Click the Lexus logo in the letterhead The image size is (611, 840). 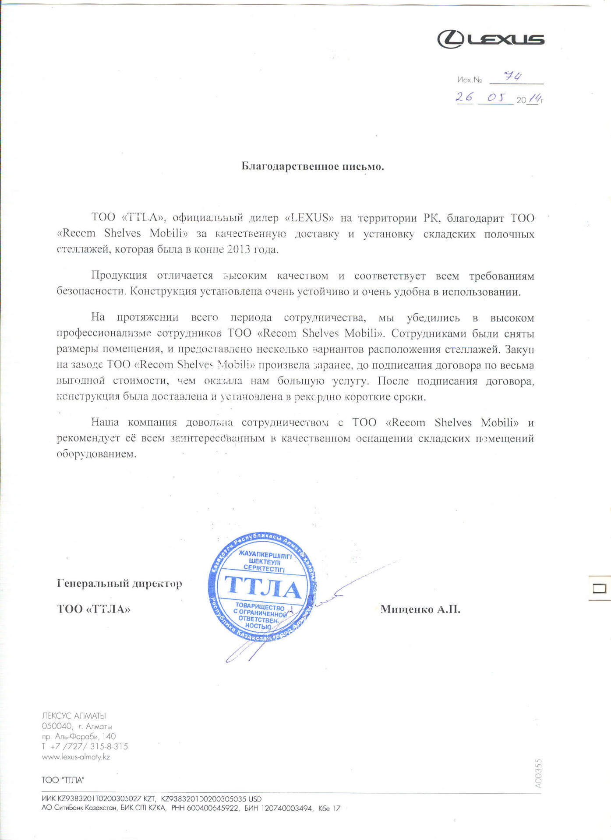click(491, 39)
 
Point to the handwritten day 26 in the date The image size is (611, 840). click(464, 97)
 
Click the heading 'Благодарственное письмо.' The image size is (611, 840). click(313, 167)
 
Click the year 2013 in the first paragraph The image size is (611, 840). click(239, 249)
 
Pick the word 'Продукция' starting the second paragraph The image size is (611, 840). click(119, 276)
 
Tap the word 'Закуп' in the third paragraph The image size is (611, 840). click(519, 350)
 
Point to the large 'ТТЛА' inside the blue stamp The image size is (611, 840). click(263, 587)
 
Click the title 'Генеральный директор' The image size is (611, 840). click(120, 584)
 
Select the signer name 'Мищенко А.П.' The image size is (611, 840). click(420, 609)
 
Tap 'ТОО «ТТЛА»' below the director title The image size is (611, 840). click(94, 609)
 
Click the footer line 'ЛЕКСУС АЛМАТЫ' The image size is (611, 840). click(74, 716)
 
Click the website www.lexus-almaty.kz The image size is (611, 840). click(76, 757)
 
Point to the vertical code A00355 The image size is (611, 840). click(538, 773)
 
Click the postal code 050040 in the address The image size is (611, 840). click(57, 726)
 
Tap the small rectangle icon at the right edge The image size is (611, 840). click(599, 588)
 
